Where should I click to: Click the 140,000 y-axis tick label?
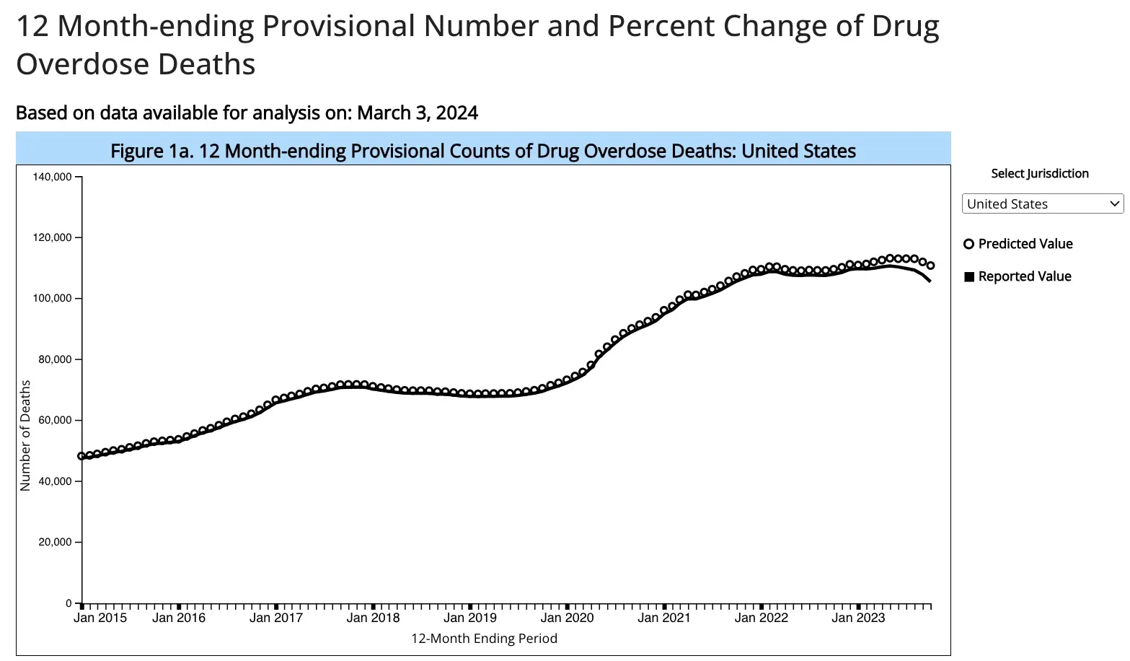pos(53,177)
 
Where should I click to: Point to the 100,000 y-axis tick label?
pos(53,298)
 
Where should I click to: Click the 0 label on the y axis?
pos(69,603)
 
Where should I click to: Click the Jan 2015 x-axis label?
pos(100,618)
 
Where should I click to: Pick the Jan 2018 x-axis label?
pos(373,618)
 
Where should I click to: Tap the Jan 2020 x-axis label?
pos(567,618)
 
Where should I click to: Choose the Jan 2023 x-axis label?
pos(858,618)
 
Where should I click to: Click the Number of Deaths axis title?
pos(26,435)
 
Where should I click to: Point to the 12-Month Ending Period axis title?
pos(484,639)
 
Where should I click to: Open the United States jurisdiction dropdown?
pos(1042,204)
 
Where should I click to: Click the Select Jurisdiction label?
pos(1039,173)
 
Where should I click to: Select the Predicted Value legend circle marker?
pos(969,244)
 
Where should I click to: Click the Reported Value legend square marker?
pos(969,276)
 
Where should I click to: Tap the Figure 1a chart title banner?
pos(483,151)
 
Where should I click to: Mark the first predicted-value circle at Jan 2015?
pos(81,456)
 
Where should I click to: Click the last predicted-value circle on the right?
pos(930,266)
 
